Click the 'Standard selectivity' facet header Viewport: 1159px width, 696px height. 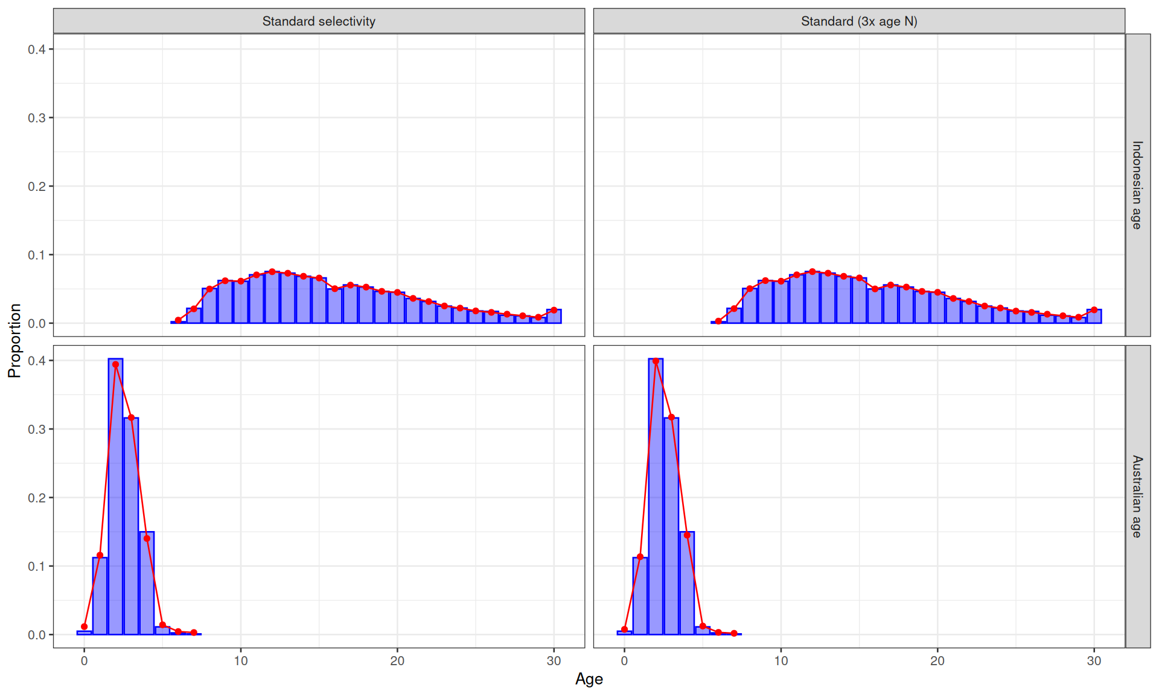click(x=319, y=21)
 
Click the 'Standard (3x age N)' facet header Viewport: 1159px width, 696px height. click(x=859, y=21)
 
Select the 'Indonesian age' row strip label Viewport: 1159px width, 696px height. click(x=1137, y=185)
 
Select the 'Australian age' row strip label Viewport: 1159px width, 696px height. click(x=1137, y=497)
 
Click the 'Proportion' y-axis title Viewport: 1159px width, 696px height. click(x=14, y=341)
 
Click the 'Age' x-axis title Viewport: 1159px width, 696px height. click(x=589, y=679)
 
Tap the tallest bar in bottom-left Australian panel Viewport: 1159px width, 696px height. click(x=115, y=497)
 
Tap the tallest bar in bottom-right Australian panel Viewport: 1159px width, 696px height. click(x=656, y=497)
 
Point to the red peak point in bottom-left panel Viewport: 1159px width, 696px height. click(x=115, y=364)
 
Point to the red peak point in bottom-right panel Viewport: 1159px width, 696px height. click(x=656, y=361)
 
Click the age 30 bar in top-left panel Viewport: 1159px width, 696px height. click(x=554, y=316)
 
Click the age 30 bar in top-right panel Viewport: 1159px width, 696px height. click(x=1094, y=316)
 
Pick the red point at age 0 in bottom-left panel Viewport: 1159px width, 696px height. click(x=84, y=627)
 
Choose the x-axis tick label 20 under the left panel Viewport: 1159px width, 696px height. click(x=397, y=661)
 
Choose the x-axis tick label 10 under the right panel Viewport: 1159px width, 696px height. click(x=781, y=661)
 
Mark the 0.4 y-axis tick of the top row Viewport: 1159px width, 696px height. click(x=37, y=49)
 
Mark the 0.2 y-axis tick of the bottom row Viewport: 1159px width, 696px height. click(x=37, y=498)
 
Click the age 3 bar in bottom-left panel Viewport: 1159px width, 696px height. click(x=131, y=526)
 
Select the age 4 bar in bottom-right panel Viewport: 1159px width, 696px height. click(x=687, y=583)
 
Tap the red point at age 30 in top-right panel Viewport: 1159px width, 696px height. click(x=1094, y=310)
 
